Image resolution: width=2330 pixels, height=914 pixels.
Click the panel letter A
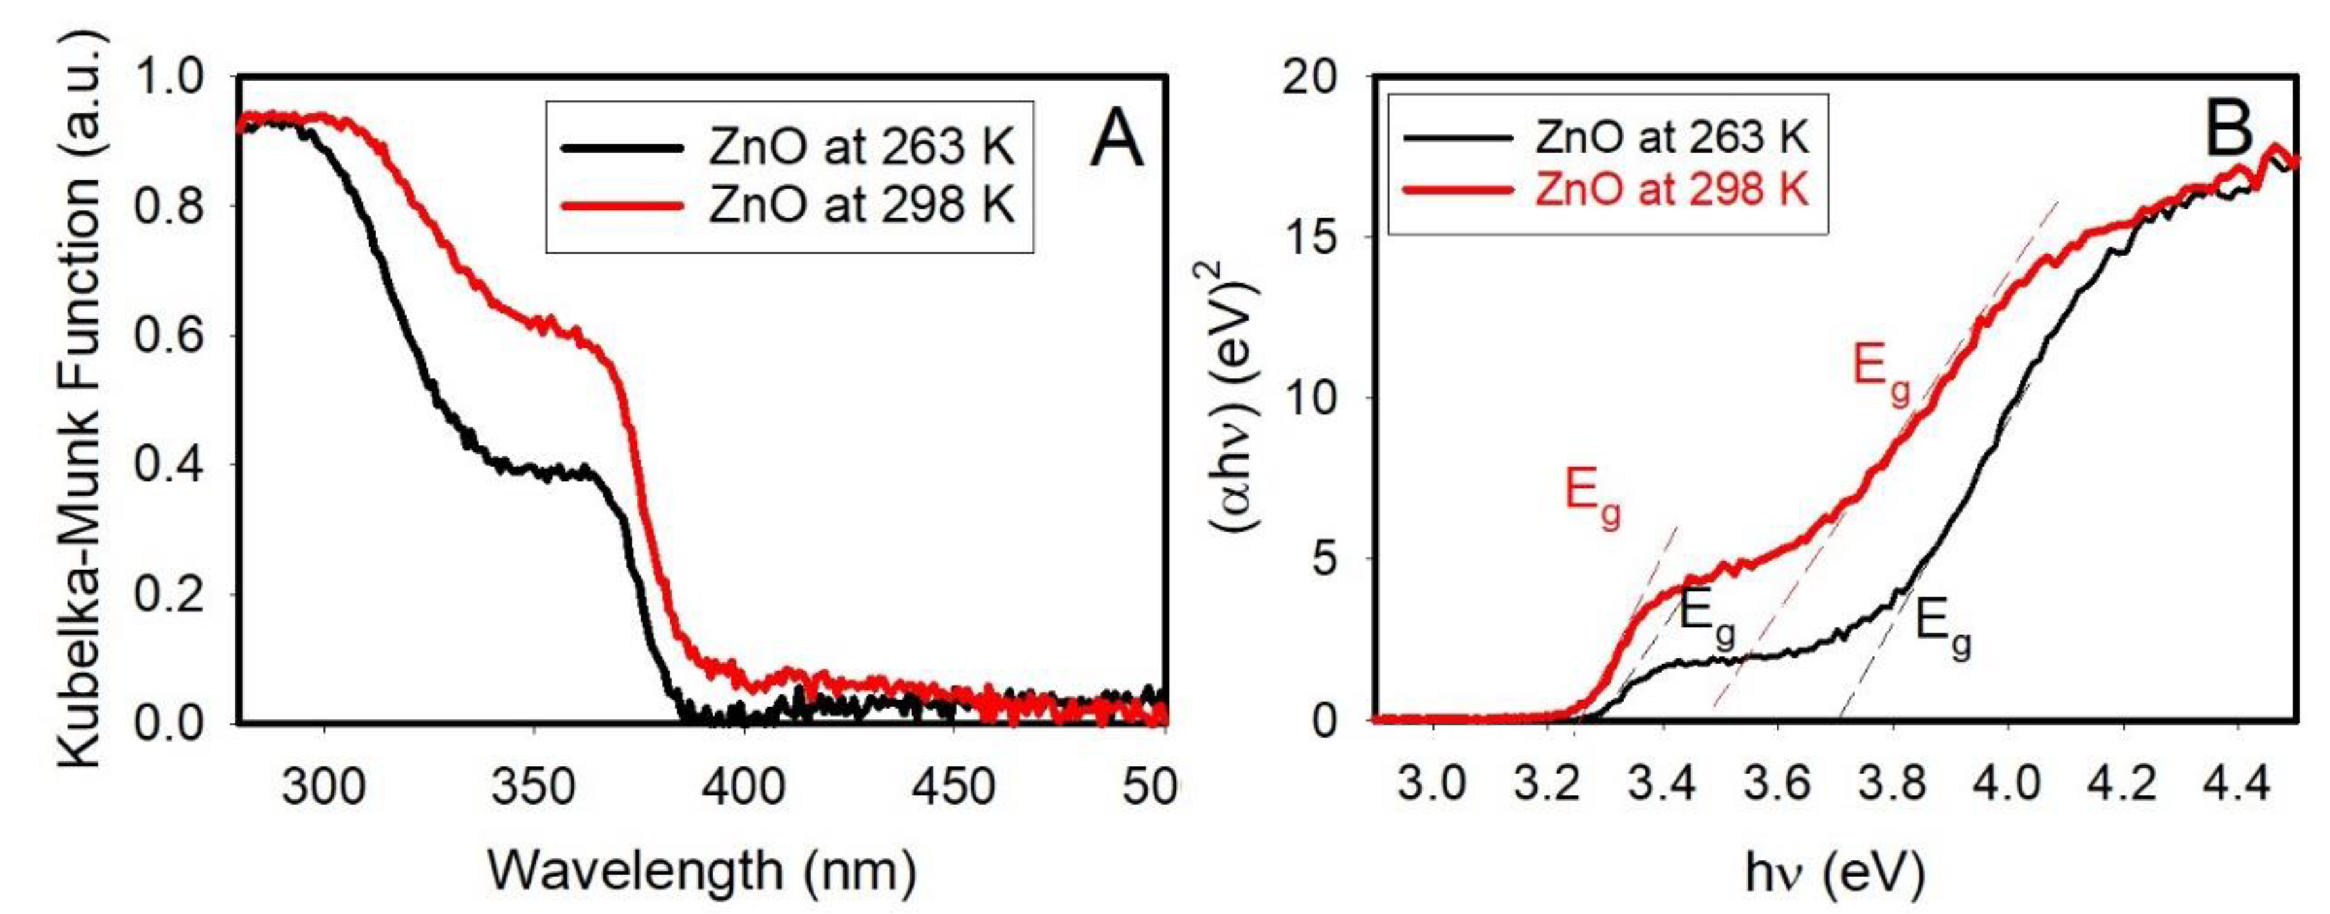1115,142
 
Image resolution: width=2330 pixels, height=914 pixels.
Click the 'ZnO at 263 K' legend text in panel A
861,146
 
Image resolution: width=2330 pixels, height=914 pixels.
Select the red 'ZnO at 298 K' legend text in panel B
1672,191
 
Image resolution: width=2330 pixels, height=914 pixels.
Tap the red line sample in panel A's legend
622,206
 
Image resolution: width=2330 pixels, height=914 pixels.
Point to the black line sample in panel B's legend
1457,138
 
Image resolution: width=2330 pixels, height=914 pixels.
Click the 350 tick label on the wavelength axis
532,787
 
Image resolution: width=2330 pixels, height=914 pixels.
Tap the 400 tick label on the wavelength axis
742,787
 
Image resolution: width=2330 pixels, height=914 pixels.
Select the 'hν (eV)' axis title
1834,873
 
